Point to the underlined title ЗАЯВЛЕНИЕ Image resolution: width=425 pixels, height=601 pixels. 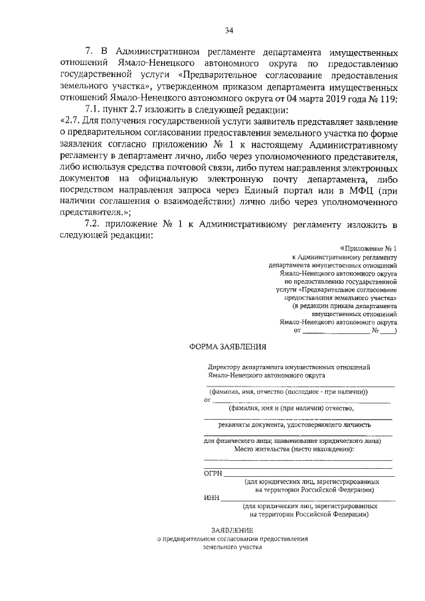coord(232,529)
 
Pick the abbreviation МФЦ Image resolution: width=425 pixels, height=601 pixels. coord(360,190)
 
